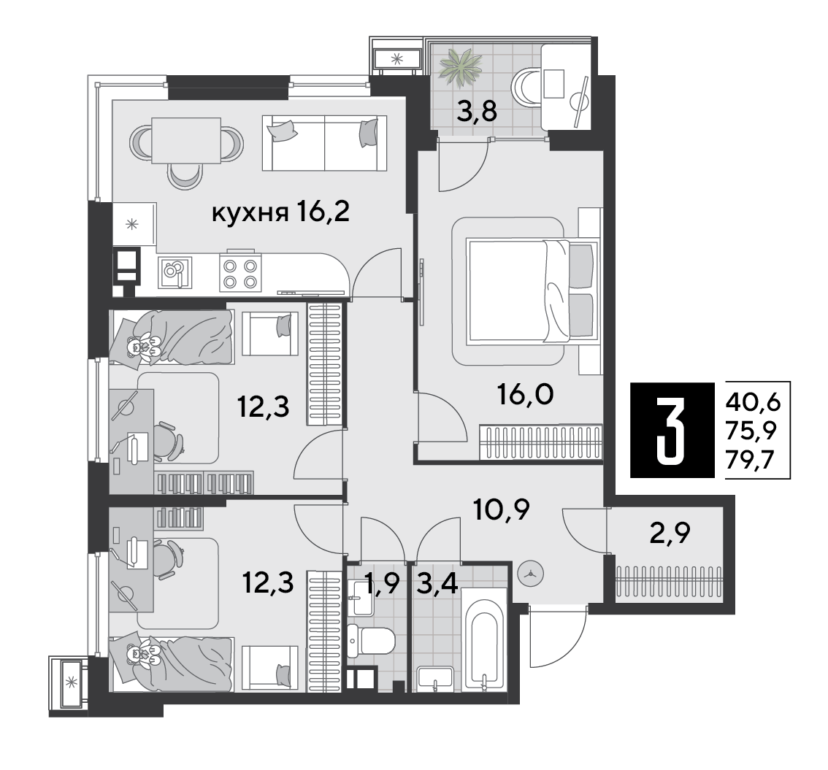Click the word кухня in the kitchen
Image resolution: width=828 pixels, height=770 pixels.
(250, 214)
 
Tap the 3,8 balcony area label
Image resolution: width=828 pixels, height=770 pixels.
(477, 112)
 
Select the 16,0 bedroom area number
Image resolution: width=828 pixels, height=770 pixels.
(526, 393)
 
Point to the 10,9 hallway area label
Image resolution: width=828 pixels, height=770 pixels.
(502, 510)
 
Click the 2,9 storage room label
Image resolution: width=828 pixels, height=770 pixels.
(670, 534)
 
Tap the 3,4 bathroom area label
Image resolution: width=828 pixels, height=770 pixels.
(436, 584)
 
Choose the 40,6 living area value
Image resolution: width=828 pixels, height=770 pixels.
(754, 403)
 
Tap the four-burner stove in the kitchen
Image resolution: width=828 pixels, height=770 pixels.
(240, 274)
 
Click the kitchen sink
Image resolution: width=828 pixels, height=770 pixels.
(175, 272)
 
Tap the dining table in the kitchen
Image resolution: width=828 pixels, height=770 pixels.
(186, 141)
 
